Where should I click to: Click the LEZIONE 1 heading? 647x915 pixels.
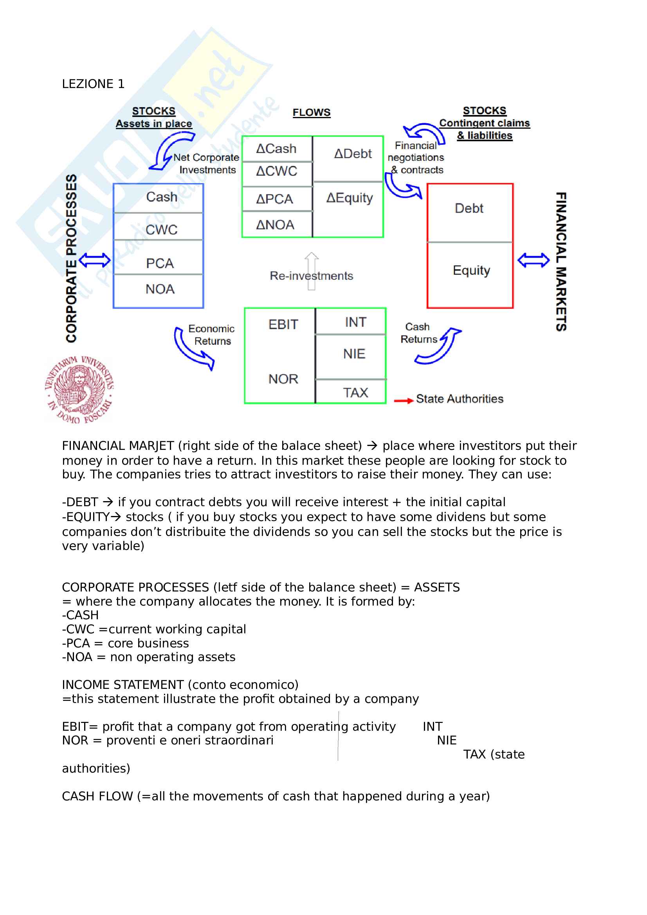[93, 84]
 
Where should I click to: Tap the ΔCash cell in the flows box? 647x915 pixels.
[276, 149]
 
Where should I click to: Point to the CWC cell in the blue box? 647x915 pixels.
[161, 230]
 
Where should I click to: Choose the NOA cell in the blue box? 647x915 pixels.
[159, 289]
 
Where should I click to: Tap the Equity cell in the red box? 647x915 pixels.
[471, 271]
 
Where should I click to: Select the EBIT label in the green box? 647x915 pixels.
[283, 325]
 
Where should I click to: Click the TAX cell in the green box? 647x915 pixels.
[355, 393]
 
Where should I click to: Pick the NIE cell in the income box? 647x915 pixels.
[354, 354]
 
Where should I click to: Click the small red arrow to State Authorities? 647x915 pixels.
[403, 401]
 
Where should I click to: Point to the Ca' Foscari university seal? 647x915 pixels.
[79, 389]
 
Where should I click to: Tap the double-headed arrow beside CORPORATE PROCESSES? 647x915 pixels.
[94, 261]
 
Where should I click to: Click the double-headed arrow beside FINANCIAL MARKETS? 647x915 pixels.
[533, 261]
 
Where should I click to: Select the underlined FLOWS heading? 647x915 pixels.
[311, 113]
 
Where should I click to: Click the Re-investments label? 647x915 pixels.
[311, 276]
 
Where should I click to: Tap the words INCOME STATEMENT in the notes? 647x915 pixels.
[123, 685]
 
